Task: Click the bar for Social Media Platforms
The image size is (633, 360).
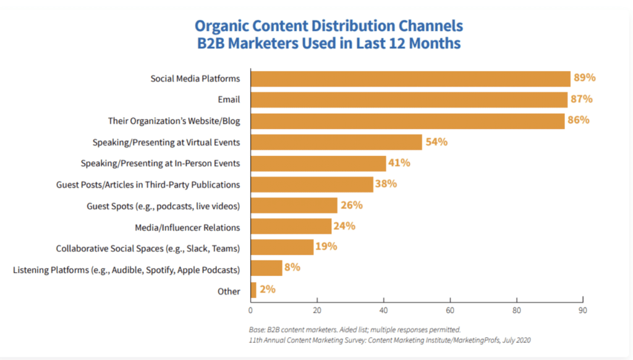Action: [410, 79]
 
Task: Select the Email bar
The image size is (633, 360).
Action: [409, 100]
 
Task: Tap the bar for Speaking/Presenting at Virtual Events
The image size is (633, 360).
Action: [336, 142]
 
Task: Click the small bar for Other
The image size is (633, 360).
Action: [253, 290]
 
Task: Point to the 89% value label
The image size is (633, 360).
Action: [584, 78]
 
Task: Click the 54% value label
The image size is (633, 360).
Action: [436, 142]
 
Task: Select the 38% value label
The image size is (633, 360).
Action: [387, 184]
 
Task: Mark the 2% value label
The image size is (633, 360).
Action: [268, 289]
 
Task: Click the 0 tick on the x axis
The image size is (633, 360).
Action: [250, 309]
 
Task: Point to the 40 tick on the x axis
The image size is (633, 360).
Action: [383, 309]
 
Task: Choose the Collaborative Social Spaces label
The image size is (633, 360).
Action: [148, 248]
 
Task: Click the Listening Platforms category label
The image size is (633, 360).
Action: [127, 269]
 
